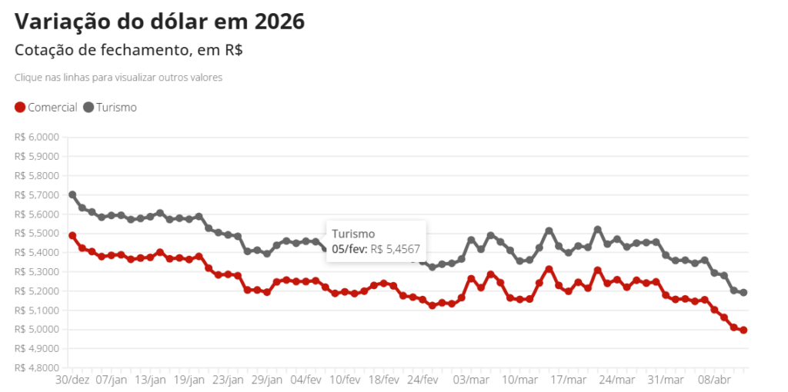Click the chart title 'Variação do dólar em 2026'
(x=159, y=22)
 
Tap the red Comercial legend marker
(x=20, y=108)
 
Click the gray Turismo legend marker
(x=88, y=108)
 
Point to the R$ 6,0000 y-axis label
(x=36, y=138)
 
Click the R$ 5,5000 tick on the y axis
(x=36, y=234)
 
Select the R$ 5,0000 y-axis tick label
(x=36, y=330)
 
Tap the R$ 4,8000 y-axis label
(x=36, y=368)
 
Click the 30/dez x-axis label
(x=72, y=380)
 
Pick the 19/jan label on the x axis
(x=189, y=380)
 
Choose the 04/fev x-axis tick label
(x=306, y=380)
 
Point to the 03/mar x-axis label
(x=472, y=380)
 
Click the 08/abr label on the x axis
(x=714, y=380)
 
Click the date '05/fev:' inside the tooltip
(x=349, y=249)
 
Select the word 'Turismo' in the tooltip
(x=353, y=234)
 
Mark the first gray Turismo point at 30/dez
(x=72, y=194)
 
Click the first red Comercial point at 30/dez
(x=72, y=235)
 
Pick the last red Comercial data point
(x=743, y=330)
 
